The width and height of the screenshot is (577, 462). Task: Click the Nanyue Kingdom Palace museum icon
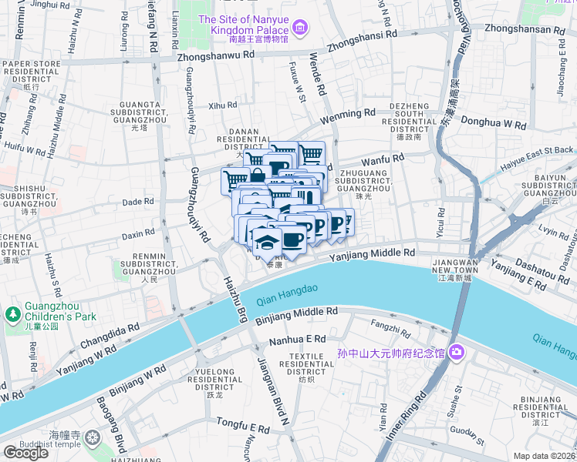[x=300, y=29]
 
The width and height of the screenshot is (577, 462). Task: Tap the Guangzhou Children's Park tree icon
[x=12, y=314]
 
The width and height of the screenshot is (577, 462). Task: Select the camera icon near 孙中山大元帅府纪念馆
[x=457, y=353]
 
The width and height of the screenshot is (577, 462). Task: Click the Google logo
[x=25, y=453]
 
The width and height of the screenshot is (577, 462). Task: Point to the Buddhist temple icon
[x=93, y=439]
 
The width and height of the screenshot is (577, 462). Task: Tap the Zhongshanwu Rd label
[x=215, y=56]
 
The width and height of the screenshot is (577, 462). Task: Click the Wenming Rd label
[x=347, y=112]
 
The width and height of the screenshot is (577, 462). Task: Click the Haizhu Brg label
[x=235, y=298]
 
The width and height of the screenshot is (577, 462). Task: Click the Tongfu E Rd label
[x=241, y=424]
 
